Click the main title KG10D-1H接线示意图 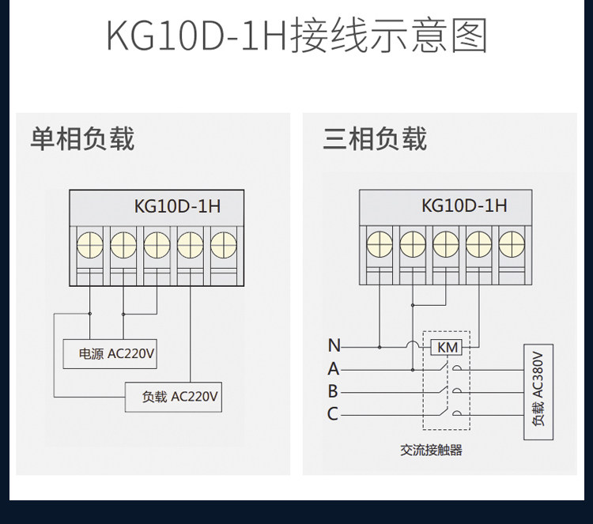[296, 36]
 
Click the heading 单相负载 [82, 138]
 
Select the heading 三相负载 [375, 138]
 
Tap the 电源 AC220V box [110, 354]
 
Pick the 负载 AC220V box [174, 397]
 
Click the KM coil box [447, 347]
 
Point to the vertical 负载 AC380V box [538, 392]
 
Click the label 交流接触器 [431, 450]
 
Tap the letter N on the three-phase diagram [334, 345]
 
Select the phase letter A [334, 368]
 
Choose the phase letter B [333, 391]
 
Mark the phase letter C [332, 413]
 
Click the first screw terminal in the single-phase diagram [90, 244]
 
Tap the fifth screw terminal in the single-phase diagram [224, 244]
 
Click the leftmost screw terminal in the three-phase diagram [380, 244]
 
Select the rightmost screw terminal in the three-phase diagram [512, 244]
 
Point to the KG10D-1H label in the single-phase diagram [177, 206]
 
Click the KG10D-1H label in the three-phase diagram [464, 205]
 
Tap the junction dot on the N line [380, 347]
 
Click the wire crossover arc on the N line [413, 341]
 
